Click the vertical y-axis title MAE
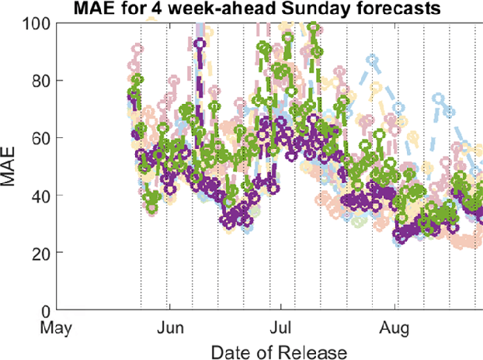pyautogui.click(x=11, y=167)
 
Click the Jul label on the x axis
pyautogui.click(x=280, y=327)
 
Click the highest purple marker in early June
pyautogui.click(x=200, y=44)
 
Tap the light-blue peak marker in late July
pyautogui.click(x=374, y=59)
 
